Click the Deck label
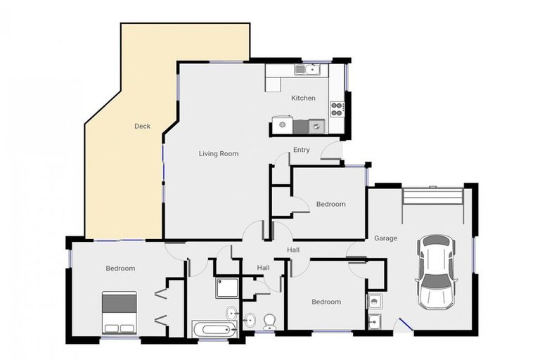point(142,127)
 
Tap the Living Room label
point(219,154)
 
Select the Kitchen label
point(304,98)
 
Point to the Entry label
point(302,150)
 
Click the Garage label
point(386,238)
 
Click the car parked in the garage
point(437,272)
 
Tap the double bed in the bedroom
point(119,313)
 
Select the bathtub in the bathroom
point(214,329)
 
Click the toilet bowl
point(269,322)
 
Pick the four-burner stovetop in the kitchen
point(337,109)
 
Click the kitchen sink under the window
point(308,70)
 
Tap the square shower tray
point(227,288)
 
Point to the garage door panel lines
point(433,196)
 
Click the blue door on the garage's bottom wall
point(406,325)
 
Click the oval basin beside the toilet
point(250,320)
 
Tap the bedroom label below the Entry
point(331,205)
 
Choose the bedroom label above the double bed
point(120,269)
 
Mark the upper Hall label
point(293,250)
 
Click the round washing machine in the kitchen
point(283,124)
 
